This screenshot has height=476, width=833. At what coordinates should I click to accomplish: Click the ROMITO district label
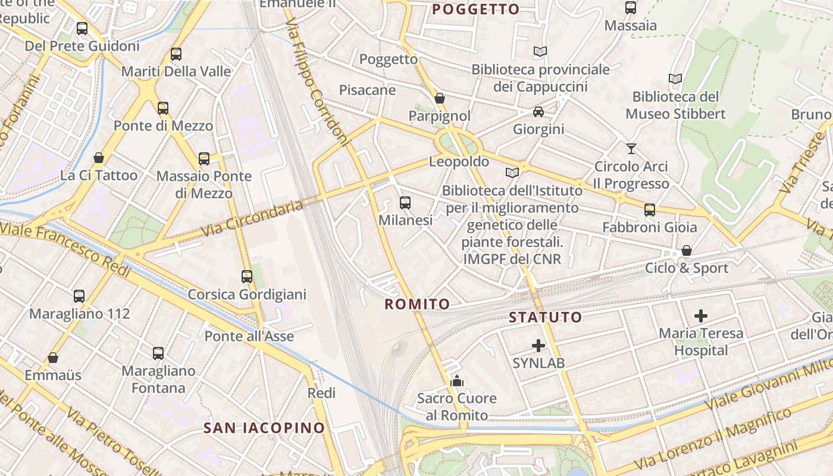coord(417,305)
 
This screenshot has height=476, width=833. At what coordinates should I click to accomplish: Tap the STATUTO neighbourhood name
coord(545,317)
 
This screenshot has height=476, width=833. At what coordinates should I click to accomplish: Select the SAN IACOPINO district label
coord(264,428)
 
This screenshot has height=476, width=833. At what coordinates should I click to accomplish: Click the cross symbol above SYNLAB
coord(538,345)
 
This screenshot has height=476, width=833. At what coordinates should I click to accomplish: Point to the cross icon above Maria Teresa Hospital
coord(701,315)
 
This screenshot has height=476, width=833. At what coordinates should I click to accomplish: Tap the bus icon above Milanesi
coord(405,203)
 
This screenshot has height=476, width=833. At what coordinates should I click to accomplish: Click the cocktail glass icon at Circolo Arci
coord(631,149)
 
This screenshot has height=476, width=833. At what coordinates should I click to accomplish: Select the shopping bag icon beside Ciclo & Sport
coord(687,250)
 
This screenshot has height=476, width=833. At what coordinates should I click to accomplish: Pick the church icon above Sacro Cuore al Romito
coord(457,381)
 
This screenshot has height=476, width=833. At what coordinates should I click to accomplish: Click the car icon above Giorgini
coord(538,111)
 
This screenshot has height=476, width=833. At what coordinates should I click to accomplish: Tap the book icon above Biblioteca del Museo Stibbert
coord(675,79)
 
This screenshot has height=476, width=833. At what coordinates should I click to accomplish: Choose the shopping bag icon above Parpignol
coord(440,98)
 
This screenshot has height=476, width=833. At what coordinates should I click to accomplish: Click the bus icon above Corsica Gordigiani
coord(247,277)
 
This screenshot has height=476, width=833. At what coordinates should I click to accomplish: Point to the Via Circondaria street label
coord(252,218)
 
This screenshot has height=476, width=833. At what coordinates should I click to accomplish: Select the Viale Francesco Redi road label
coord(65,248)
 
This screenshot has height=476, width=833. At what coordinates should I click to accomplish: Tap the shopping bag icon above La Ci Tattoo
coord(99,158)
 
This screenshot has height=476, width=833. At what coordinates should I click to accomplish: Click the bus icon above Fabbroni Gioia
coord(650,209)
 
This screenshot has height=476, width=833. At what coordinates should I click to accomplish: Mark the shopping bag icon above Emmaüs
coord(53,358)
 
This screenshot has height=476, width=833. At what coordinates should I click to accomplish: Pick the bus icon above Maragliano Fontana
coord(158,353)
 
